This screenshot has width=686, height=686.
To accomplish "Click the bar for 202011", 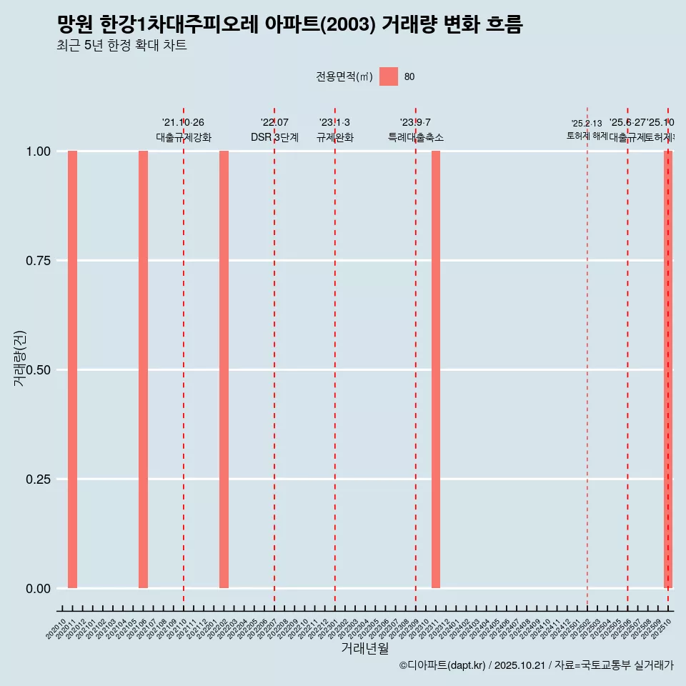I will (x=72, y=369).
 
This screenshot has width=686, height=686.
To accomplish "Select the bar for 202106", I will (x=143, y=369).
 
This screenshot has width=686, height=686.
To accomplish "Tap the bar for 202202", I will (x=224, y=369).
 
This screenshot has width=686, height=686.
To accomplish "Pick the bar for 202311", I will (x=436, y=369).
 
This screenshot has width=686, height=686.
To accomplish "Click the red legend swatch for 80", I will (x=388, y=76).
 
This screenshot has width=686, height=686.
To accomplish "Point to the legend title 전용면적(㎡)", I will (x=344, y=77).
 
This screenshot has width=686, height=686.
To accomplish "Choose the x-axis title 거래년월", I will (x=364, y=648).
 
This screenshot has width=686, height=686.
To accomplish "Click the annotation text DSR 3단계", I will (x=274, y=137).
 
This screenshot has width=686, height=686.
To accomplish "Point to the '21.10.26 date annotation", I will (x=184, y=123).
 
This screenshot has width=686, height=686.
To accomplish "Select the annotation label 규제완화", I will (x=335, y=137).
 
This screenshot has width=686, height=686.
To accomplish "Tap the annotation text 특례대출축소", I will (x=416, y=137).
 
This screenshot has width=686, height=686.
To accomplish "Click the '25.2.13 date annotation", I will (x=587, y=124).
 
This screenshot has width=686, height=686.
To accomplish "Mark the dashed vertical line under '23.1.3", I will (x=335, y=357).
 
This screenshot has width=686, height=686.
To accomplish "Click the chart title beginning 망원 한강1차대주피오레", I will (x=289, y=25).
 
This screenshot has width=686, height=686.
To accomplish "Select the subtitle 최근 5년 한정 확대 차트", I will (x=121, y=46).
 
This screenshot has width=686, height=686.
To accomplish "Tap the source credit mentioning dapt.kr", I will (x=536, y=665).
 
